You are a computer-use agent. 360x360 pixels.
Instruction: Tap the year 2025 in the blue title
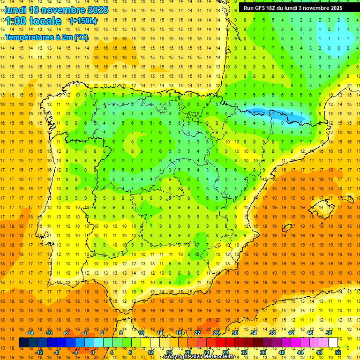click(x=97, y=10)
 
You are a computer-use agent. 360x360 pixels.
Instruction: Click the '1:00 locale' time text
click(x=33, y=21)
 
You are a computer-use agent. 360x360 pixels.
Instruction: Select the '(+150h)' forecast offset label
click(x=83, y=21)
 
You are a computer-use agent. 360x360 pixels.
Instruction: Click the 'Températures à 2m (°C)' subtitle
click(x=46, y=37)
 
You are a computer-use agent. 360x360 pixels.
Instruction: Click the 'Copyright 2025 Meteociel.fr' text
click(x=199, y=357)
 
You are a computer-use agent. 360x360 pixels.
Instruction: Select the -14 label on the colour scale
click(x=30, y=333)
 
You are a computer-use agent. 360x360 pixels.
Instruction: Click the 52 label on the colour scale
click(x=338, y=352)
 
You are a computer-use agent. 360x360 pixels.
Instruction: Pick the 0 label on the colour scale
click(x=93, y=352)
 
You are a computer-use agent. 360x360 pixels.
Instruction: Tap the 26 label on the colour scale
click(x=216, y=333)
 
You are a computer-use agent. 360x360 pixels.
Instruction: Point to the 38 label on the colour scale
click(x=272, y=333)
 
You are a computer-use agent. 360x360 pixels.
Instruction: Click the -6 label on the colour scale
click(x=67, y=333)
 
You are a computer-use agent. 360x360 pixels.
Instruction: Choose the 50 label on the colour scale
click(x=329, y=333)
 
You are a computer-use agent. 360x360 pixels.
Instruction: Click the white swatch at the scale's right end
click(x=333, y=343)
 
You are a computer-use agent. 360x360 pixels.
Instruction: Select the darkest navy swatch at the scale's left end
click(x=23, y=343)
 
